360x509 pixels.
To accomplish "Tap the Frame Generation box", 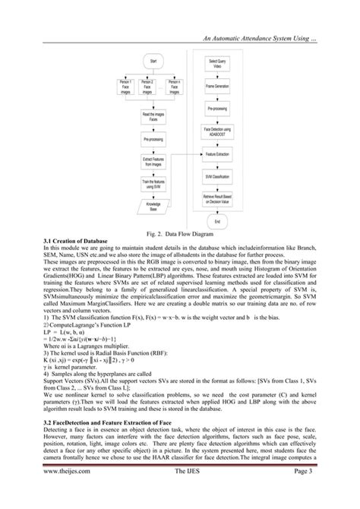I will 217,87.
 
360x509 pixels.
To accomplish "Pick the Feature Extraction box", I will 217,153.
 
